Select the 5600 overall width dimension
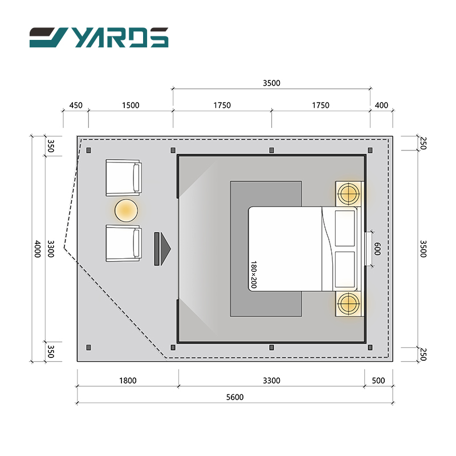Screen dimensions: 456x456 click(x=235, y=397)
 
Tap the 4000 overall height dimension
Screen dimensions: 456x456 click(x=38, y=249)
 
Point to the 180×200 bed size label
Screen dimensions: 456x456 click(x=254, y=275)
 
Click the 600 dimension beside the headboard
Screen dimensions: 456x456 click(x=377, y=249)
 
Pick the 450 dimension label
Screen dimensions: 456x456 click(x=76, y=105)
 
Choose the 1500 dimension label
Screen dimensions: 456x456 click(x=131, y=105)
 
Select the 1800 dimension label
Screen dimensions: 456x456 click(x=128, y=380)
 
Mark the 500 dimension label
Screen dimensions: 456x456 click(x=378, y=380)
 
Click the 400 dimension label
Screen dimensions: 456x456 click(x=381, y=105)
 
